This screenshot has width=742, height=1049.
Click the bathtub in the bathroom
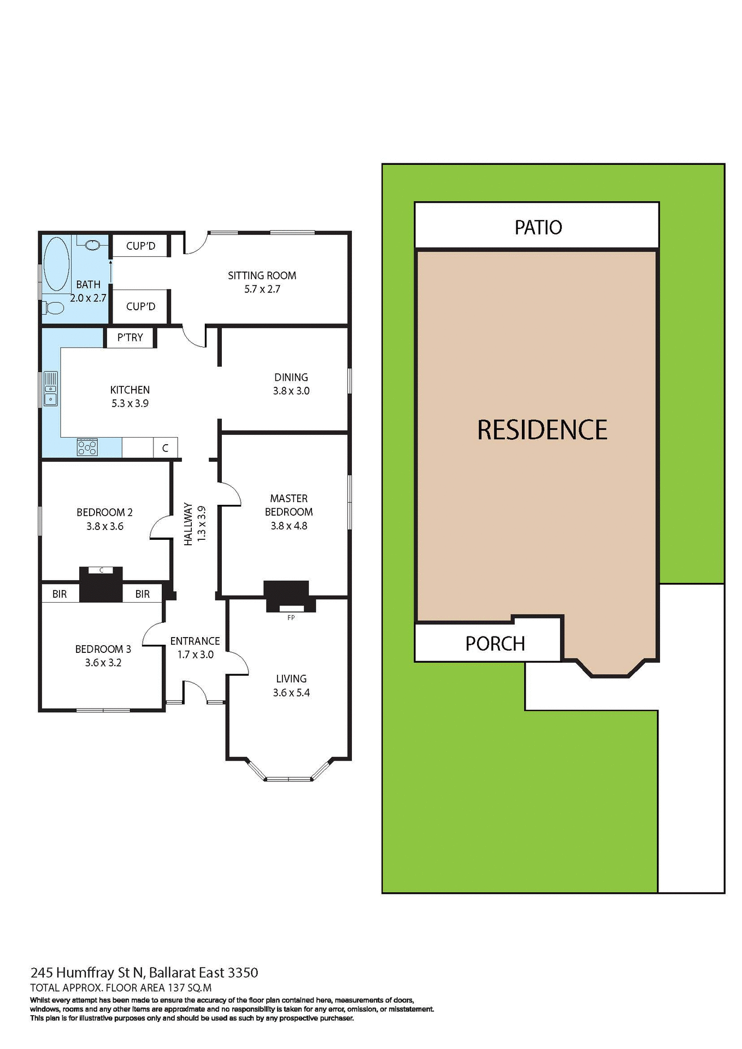pos(56,264)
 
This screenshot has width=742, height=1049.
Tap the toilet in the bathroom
pos(54,308)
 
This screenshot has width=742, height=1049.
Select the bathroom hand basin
pos(93,245)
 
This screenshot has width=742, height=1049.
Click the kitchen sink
pos(50,388)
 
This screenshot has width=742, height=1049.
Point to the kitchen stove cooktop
pos(87,447)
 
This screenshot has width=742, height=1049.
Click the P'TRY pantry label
pos(130,338)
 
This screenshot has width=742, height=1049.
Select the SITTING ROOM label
pos(262,276)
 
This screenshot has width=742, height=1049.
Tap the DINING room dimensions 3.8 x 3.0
pos(291,391)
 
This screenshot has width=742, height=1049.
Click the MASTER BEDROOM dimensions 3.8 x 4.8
pos(289,526)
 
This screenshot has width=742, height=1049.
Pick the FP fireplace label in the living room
pos(291,618)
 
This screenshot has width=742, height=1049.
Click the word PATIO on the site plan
pos(538,227)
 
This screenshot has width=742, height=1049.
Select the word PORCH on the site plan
pos(495,644)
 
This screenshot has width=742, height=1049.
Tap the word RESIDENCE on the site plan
pos(542,430)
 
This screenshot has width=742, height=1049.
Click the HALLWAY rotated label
pos(189,524)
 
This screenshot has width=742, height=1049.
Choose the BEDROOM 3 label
pos(103,649)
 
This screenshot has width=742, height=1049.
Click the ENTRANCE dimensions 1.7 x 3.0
pos(195,655)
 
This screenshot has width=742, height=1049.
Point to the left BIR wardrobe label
pos(60,594)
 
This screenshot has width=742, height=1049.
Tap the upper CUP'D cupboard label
pos(140,246)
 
